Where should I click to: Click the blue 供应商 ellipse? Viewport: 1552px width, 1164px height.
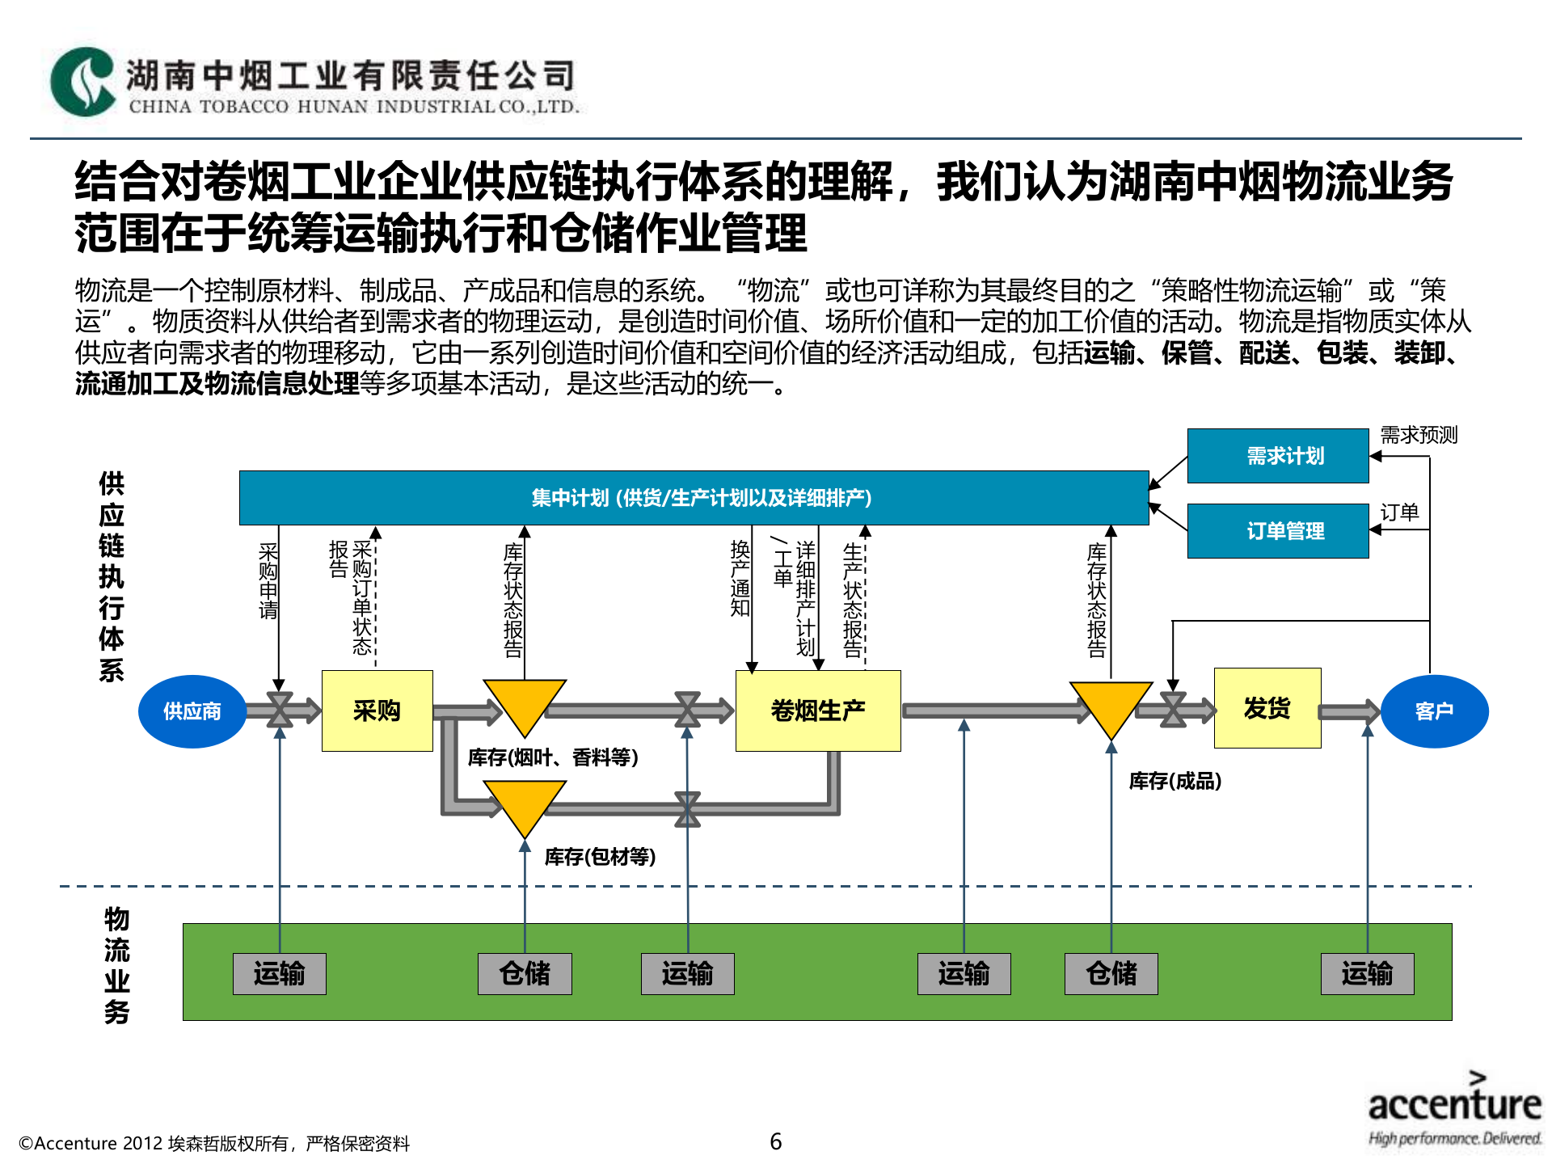(x=192, y=711)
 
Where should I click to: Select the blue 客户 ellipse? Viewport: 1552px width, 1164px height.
(x=1434, y=711)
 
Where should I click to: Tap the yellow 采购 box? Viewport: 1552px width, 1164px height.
(x=377, y=711)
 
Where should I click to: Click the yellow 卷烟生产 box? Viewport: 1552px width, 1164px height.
(x=818, y=711)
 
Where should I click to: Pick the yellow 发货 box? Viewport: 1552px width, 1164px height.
(x=1267, y=708)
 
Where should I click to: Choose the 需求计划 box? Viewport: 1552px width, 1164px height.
(x=1278, y=456)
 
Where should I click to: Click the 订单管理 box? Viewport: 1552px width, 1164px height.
(x=1278, y=530)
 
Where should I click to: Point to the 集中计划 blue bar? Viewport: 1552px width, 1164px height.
(x=694, y=498)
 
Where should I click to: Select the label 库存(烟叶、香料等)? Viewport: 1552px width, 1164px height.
(x=553, y=757)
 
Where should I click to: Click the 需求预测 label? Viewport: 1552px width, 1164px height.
(x=1419, y=435)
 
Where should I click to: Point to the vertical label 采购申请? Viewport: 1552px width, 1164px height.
(x=268, y=581)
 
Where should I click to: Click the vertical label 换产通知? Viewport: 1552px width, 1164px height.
(x=740, y=578)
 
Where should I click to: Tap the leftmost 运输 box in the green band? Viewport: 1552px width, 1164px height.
(x=280, y=973)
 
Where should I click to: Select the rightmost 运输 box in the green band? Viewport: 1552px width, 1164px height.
(x=1367, y=973)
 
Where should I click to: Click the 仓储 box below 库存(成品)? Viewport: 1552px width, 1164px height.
(x=1111, y=973)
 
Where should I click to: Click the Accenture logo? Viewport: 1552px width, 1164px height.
(x=1454, y=1107)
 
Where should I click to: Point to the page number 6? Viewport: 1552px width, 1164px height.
(x=776, y=1141)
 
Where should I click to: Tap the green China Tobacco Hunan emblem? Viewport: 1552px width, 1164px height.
(x=82, y=82)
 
